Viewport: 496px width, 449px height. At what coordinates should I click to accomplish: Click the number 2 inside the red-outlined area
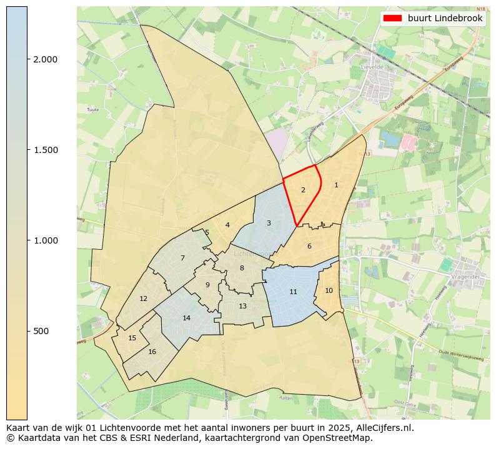click(303, 190)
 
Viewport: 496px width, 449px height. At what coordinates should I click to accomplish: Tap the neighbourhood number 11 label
click(293, 292)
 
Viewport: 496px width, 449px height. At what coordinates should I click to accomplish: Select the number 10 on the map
click(329, 290)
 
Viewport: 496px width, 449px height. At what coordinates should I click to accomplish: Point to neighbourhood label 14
click(186, 318)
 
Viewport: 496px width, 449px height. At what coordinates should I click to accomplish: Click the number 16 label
click(152, 352)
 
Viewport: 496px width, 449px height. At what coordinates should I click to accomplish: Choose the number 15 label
click(132, 338)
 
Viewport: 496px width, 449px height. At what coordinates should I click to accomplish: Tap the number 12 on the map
click(143, 299)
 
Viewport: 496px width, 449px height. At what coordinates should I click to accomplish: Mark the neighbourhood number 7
click(182, 258)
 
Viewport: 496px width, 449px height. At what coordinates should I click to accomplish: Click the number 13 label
click(242, 306)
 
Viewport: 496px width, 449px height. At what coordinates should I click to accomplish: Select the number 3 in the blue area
click(269, 223)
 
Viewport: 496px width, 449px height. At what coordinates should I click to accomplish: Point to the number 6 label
click(309, 246)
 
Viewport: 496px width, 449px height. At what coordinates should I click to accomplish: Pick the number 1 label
click(336, 185)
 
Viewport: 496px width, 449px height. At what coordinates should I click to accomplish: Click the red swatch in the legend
click(392, 19)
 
